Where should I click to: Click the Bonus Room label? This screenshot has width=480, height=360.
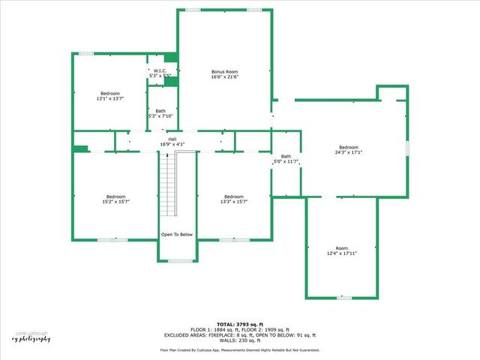[224, 71]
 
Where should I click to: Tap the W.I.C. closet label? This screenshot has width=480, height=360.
[160, 70]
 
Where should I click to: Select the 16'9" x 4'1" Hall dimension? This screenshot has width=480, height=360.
[172, 144]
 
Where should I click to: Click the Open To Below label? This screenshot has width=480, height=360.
[177, 235]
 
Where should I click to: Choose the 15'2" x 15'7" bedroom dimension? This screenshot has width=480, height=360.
[115, 202]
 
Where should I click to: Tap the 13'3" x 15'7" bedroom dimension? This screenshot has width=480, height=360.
[234, 202]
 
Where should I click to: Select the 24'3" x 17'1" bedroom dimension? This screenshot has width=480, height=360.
[349, 152]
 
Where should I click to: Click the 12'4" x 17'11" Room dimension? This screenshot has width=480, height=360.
[342, 253]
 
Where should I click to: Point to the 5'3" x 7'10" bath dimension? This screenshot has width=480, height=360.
[160, 115]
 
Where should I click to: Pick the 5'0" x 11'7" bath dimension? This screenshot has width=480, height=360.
[285, 162]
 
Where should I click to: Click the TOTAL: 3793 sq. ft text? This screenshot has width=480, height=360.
[240, 324]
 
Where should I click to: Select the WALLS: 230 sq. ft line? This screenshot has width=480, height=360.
[240, 341]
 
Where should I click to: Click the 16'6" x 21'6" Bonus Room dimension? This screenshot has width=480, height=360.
[224, 76]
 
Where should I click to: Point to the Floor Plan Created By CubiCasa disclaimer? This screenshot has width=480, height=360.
[240, 350]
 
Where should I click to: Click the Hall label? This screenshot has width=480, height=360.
[172, 139]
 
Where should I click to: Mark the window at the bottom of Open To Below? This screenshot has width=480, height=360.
[178, 261]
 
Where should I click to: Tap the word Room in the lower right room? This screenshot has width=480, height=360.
[342, 248]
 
